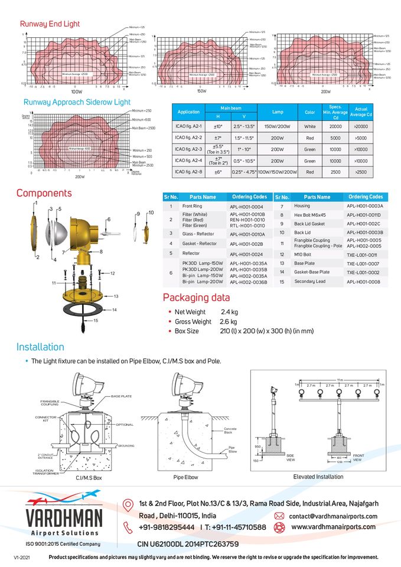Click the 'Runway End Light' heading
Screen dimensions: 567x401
[50, 24]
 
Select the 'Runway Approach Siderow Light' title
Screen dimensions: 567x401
[75, 102]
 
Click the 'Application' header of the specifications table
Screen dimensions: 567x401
[188, 112]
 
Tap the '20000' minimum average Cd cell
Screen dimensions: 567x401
[336, 126]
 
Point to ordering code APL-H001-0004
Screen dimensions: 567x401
[246, 207]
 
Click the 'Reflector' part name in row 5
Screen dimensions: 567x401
[191, 253]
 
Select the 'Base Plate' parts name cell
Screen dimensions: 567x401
[305, 263]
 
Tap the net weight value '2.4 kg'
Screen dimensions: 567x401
[229, 312]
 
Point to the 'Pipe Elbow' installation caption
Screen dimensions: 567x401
[185, 477]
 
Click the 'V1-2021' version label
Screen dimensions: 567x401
[22, 558]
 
